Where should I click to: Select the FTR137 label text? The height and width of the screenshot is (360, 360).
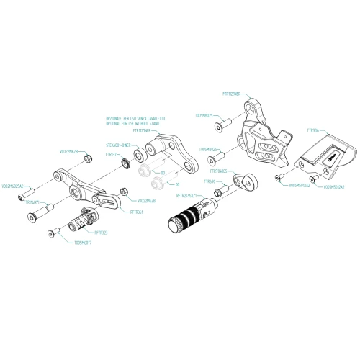point(112,154)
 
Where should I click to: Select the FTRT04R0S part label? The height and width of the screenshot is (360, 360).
point(218,171)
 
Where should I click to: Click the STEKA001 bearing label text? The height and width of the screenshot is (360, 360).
point(117,144)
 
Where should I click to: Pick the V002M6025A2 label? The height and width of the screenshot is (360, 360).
point(14,186)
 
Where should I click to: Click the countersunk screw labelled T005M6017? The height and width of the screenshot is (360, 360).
point(52,232)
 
